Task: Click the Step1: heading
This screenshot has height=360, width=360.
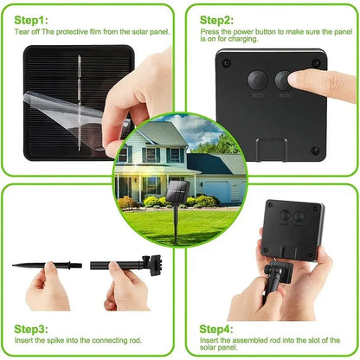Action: tap(31, 18)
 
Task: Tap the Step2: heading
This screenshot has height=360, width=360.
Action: tap(216, 18)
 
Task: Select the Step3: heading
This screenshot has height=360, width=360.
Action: tap(31, 328)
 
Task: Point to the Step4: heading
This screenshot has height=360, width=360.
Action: tap(216, 330)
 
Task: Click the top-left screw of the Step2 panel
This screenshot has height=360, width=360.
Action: tap(227, 62)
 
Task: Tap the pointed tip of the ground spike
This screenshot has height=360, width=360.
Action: tap(17, 265)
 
